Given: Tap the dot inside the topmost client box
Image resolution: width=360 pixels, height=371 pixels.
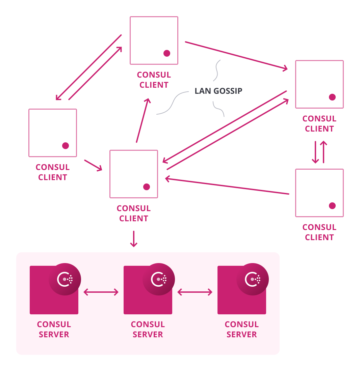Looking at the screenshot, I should coord(167,53).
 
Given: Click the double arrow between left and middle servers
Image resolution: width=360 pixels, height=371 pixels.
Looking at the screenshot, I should coord(101,292).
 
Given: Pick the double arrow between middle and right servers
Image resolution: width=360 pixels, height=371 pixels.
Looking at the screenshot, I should coord(195,292).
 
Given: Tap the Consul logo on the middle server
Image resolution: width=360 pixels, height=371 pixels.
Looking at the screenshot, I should coord(159,279).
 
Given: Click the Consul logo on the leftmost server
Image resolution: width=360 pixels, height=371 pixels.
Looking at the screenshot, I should coord(65,279).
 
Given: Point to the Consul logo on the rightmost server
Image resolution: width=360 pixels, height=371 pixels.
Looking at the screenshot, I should coord(253,279).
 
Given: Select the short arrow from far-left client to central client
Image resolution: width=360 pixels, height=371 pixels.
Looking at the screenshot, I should coord(93,165).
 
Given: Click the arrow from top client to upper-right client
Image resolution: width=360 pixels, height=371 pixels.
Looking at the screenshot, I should coord(236,56).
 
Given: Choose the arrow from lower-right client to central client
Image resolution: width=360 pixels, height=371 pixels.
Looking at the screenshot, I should coord(227,186).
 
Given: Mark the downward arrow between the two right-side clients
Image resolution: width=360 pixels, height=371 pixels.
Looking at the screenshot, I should coord(315,152).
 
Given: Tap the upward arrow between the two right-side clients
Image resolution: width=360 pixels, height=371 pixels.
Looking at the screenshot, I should coord(324,152).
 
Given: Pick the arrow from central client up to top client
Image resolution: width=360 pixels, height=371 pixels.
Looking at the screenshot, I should coord(143,120).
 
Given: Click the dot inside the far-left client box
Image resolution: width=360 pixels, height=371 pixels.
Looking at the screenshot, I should coord(66,146).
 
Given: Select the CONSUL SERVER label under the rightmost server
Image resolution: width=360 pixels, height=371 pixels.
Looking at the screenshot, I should coord(242,330).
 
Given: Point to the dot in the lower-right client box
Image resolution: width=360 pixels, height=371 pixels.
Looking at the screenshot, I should coord(332,206).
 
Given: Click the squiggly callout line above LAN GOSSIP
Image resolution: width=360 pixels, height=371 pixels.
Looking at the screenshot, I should coord(217,70).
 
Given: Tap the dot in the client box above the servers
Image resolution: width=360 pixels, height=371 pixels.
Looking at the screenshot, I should coord(147,187).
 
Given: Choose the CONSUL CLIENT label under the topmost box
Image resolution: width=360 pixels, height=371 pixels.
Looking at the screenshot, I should coord(154,80).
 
